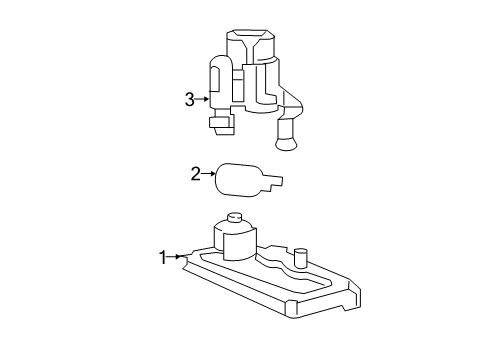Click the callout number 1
[x=162, y=258]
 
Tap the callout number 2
[x=196, y=174]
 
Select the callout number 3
[x=188, y=98]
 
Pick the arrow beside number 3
[x=203, y=98]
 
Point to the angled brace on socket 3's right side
[x=292, y=103]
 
